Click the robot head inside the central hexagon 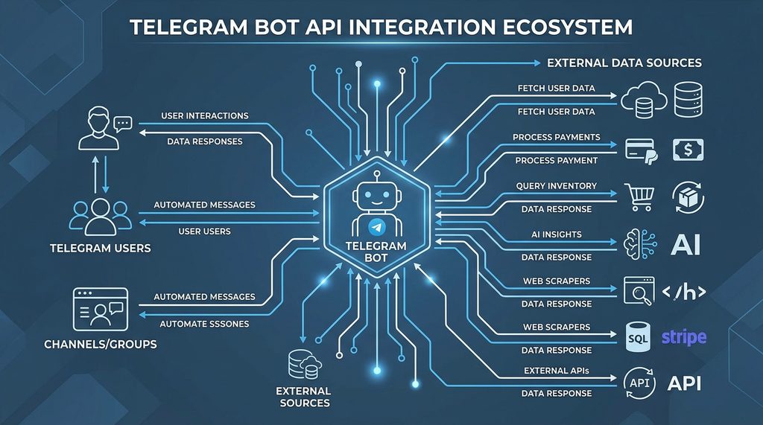376,196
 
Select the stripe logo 683,337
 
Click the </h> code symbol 683,291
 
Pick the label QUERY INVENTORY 557,185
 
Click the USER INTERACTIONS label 205,116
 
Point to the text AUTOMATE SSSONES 205,325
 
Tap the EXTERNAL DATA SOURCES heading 624,63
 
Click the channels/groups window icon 101,309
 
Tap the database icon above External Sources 303,365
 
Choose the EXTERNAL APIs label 557,370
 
